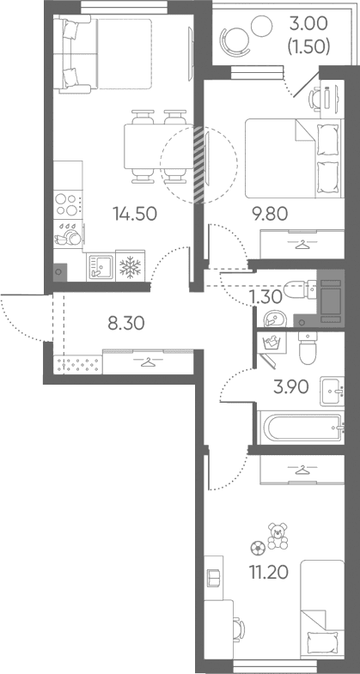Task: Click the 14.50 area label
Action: click(134, 214)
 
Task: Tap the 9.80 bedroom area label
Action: click(270, 213)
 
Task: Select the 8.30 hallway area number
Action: click(126, 323)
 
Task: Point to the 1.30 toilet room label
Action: click(265, 296)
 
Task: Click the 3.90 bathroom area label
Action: click(291, 388)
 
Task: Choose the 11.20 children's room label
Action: click(268, 572)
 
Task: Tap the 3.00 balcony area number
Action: click(308, 25)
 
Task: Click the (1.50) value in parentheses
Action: click(308, 47)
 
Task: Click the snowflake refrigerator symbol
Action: click(131, 267)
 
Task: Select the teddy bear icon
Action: click(278, 536)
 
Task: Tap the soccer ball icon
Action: click(258, 547)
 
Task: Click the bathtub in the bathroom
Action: click(301, 428)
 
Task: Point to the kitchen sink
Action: click(101, 267)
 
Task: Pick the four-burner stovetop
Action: click(68, 204)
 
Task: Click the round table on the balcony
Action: click(261, 26)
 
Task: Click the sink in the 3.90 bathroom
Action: click(332, 392)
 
